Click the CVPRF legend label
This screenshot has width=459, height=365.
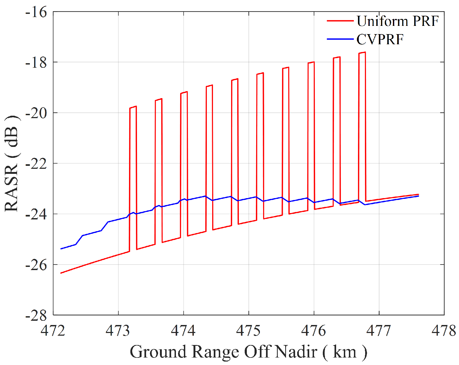[x=380, y=39]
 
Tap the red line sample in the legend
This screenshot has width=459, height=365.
[x=340, y=21]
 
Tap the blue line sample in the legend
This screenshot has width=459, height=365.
[x=340, y=39]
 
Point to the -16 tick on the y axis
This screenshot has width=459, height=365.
[x=36, y=12]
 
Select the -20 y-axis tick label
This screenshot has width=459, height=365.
[x=36, y=113]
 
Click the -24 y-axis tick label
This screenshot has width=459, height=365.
[x=36, y=214]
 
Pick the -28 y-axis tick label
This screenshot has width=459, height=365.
[x=36, y=316]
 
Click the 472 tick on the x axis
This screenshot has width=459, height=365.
[x=53, y=331]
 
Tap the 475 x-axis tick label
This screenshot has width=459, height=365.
[x=248, y=331]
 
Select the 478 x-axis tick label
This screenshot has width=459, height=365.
[x=444, y=331]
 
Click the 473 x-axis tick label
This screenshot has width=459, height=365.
[x=118, y=331]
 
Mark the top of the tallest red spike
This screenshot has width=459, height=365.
[x=362, y=53]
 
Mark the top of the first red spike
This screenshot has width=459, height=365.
[x=133, y=107]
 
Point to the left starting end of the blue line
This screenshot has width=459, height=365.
[x=61, y=249]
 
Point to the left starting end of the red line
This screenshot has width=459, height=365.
[x=61, y=273]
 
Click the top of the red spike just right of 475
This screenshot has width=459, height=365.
[x=260, y=73]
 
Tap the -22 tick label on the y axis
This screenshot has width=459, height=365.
[x=36, y=164]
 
